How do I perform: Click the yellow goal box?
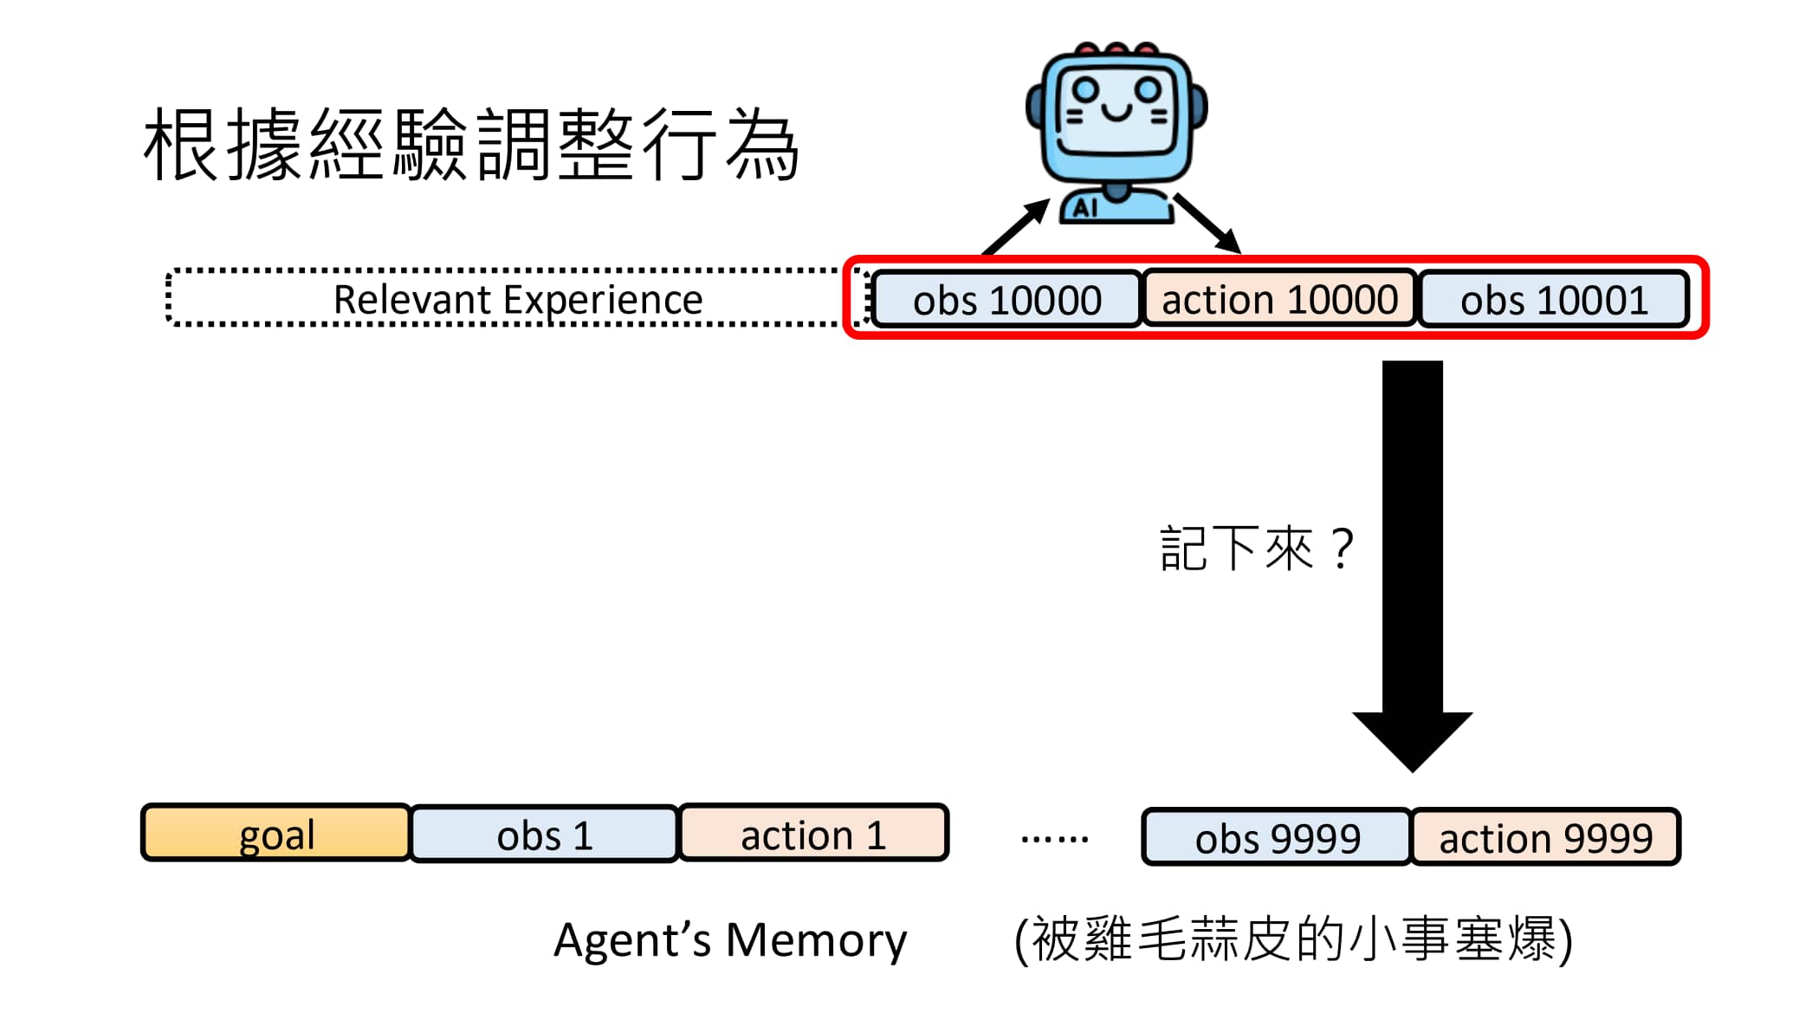pos(275,834)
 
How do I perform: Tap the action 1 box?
pos(813,834)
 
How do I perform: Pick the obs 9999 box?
pos(1277,837)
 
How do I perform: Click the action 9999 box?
pos(1545,837)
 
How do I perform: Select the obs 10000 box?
pos(1006,300)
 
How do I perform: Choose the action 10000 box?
pos(1279,299)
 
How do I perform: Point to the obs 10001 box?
pos(1554,300)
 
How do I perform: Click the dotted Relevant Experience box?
pos(517,299)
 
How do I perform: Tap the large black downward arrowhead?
pos(1412,737)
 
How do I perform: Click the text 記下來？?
pos(1256,549)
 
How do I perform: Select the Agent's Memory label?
pos(730,940)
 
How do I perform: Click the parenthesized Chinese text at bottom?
pos(1293,939)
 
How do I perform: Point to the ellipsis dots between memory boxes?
pos(1054,838)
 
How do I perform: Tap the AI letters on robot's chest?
pos(1085,208)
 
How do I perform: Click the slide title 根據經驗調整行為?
pos(470,145)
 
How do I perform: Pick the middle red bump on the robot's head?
pos(1116,49)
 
